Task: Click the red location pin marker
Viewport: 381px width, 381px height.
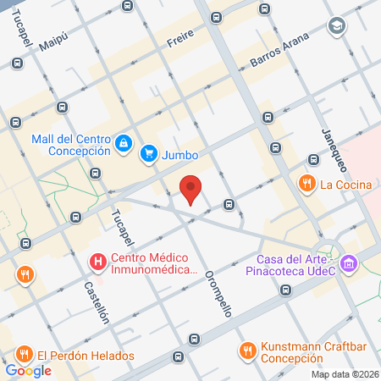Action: tap(191, 189)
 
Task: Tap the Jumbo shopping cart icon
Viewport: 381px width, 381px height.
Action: tap(149, 153)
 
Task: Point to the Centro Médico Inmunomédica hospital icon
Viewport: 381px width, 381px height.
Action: tap(98, 263)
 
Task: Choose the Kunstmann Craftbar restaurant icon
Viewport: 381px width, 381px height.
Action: tap(247, 349)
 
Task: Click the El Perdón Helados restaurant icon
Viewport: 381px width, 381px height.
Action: tap(24, 356)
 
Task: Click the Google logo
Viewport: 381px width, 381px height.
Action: tap(28, 370)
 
